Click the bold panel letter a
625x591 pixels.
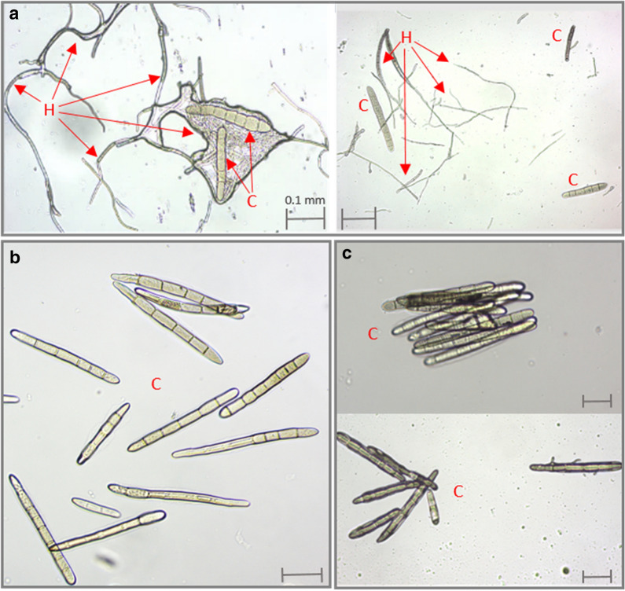pos(15,15)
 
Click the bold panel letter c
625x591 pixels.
pos(347,255)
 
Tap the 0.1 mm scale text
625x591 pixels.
pos(305,200)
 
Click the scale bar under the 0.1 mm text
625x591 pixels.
pos(306,218)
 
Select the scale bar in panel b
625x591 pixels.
pos(302,574)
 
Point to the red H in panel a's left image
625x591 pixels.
pos(49,109)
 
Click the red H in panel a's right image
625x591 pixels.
pos(406,38)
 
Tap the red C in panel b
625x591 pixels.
pos(156,384)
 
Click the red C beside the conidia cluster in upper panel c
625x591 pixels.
pos(373,334)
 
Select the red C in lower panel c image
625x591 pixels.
pos(458,492)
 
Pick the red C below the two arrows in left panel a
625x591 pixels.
pos(252,201)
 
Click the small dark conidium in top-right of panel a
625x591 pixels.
pos(570,43)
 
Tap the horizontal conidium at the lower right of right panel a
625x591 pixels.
pos(585,190)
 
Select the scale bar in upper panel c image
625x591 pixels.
pos(597,401)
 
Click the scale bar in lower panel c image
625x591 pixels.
pos(597,576)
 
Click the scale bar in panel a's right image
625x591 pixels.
pos(358,218)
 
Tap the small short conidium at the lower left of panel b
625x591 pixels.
pos(96,508)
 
